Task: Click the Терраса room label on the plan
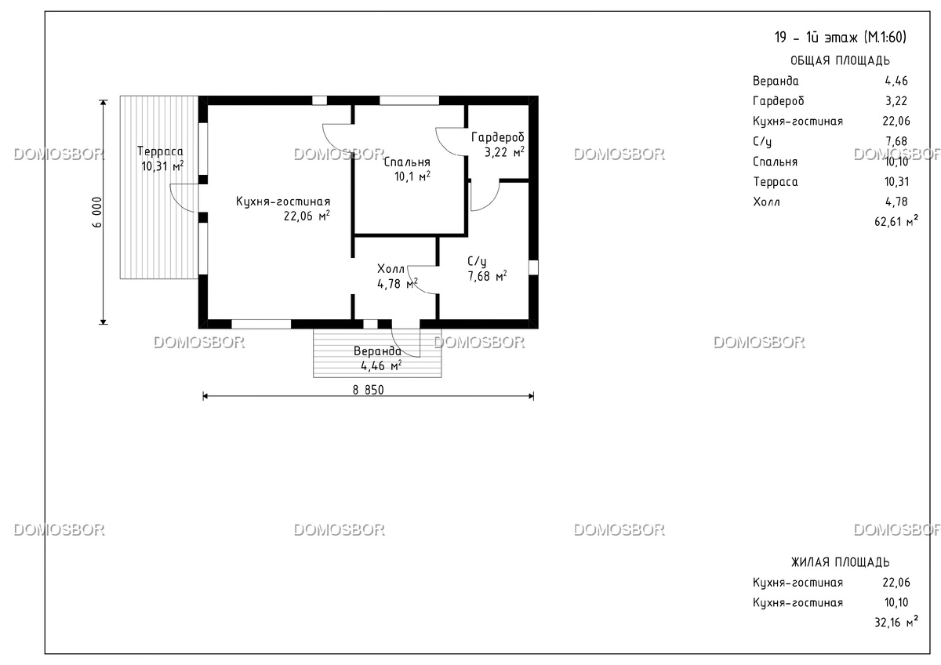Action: pos(160,151)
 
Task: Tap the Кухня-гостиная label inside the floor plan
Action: pos(283,202)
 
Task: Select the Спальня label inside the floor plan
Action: pos(407,162)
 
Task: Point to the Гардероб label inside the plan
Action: pos(498,137)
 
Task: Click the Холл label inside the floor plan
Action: pos(391,269)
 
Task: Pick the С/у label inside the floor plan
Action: pos(477,261)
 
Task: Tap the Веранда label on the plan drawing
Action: pos(377,351)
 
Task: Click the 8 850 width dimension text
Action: pos(368,391)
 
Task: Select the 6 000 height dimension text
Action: pos(96,213)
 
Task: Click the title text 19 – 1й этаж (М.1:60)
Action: pos(840,38)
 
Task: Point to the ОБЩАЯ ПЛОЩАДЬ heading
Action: pos(840,61)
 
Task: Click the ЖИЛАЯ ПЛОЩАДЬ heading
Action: pos(840,562)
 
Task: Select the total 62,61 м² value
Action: pos(896,220)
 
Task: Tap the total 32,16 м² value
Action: pos(896,621)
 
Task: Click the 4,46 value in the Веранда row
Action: pos(896,81)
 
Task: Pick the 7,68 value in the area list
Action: pos(896,141)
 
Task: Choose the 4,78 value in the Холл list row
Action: pos(896,202)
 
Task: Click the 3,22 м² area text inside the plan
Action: pos(504,151)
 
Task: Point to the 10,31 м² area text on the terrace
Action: pos(162,166)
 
